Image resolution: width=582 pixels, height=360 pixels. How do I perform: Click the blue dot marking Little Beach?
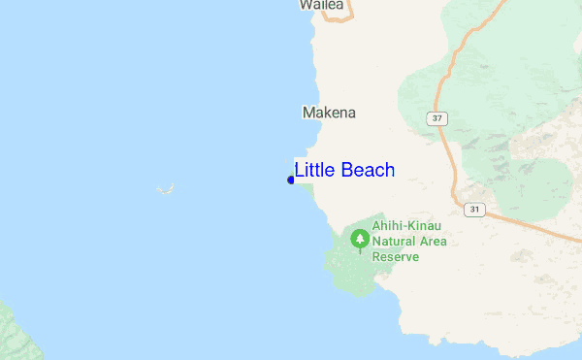coord(291,180)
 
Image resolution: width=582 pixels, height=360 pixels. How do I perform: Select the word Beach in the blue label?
coord(369,171)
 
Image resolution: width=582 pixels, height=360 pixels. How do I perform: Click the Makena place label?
coord(329,113)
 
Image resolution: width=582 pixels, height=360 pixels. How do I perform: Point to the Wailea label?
coord(321,5)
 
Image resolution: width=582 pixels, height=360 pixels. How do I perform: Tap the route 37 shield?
coord(439,118)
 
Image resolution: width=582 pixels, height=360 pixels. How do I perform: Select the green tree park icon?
coord(361,239)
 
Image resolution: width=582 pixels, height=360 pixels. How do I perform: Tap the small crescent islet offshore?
coord(166,188)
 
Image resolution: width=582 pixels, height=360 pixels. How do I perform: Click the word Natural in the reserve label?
coord(398,242)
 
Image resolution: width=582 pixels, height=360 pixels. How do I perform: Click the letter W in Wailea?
coord(306,5)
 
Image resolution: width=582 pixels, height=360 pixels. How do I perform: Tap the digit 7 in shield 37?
coord(442,118)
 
